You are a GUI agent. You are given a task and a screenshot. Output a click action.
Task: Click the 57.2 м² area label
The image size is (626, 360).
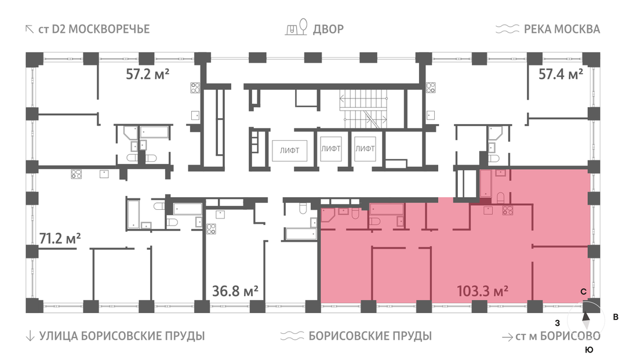(x=147, y=74)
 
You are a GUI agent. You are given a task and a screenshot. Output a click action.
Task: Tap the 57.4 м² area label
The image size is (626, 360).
(x=561, y=74)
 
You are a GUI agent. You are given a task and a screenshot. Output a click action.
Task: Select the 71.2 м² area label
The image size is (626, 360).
(x=60, y=238)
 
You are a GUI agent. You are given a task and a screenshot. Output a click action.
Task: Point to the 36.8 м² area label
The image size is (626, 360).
(x=235, y=291)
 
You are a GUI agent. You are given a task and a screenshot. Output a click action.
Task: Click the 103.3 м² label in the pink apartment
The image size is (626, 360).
(x=482, y=291)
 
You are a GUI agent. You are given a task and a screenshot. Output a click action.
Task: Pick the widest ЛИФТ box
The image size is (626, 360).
(x=289, y=151)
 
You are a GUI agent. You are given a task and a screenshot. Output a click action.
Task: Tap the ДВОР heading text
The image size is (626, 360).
(x=328, y=29)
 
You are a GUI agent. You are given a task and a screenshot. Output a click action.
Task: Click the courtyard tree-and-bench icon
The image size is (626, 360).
(x=297, y=27)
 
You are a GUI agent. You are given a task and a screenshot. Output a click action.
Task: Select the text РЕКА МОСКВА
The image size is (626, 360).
(x=562, y=29)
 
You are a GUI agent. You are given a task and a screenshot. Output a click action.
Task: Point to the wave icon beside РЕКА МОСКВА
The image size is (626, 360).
(x=507, y=29)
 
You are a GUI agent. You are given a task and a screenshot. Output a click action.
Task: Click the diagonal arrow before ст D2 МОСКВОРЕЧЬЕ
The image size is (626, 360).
(x=30, y=29)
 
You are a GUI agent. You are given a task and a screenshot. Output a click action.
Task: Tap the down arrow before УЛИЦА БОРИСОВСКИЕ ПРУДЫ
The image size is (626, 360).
(x=30, y=336)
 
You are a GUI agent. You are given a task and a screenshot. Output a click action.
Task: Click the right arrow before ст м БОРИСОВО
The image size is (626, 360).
(x=507, y=337)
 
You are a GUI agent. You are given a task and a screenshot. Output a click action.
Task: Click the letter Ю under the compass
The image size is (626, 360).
(x=589, y=350)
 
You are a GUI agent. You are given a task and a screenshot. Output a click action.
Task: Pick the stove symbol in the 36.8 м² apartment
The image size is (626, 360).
(x=211, y=229)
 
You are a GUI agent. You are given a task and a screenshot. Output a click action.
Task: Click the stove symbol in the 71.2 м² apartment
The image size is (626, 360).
(x=77, y=173)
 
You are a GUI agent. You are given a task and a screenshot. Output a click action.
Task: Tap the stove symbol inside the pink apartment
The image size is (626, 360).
(x=507, y=210)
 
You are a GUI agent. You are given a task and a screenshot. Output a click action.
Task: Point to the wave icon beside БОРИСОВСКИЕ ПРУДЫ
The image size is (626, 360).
(x=292, y=336)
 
